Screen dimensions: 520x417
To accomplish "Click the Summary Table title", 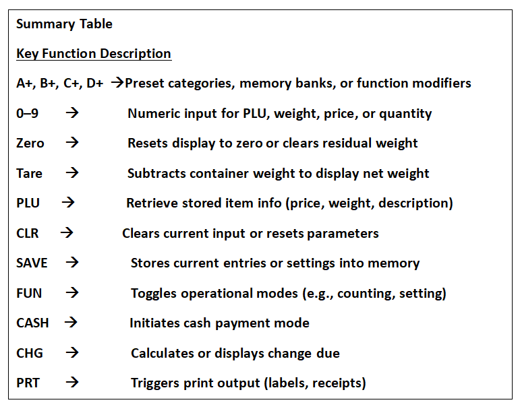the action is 64,24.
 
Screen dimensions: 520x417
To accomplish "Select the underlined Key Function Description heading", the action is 94,54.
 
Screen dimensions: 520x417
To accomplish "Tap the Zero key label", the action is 30,143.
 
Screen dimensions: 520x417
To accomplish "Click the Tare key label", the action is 29,174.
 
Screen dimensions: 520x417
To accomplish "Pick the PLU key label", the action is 28,203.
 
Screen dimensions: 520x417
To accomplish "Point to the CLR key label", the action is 28,234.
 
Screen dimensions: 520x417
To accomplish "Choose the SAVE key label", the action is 32,263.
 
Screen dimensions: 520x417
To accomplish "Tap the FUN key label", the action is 29,294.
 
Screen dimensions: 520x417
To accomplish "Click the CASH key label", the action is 32,323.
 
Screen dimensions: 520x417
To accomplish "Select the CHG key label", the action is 30,354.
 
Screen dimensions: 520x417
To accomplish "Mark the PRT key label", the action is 28,383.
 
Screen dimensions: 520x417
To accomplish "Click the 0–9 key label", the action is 27,114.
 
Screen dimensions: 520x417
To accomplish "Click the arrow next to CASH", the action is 71,322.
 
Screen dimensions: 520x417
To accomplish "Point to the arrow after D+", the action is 117,82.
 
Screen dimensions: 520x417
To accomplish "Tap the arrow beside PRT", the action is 72,382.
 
